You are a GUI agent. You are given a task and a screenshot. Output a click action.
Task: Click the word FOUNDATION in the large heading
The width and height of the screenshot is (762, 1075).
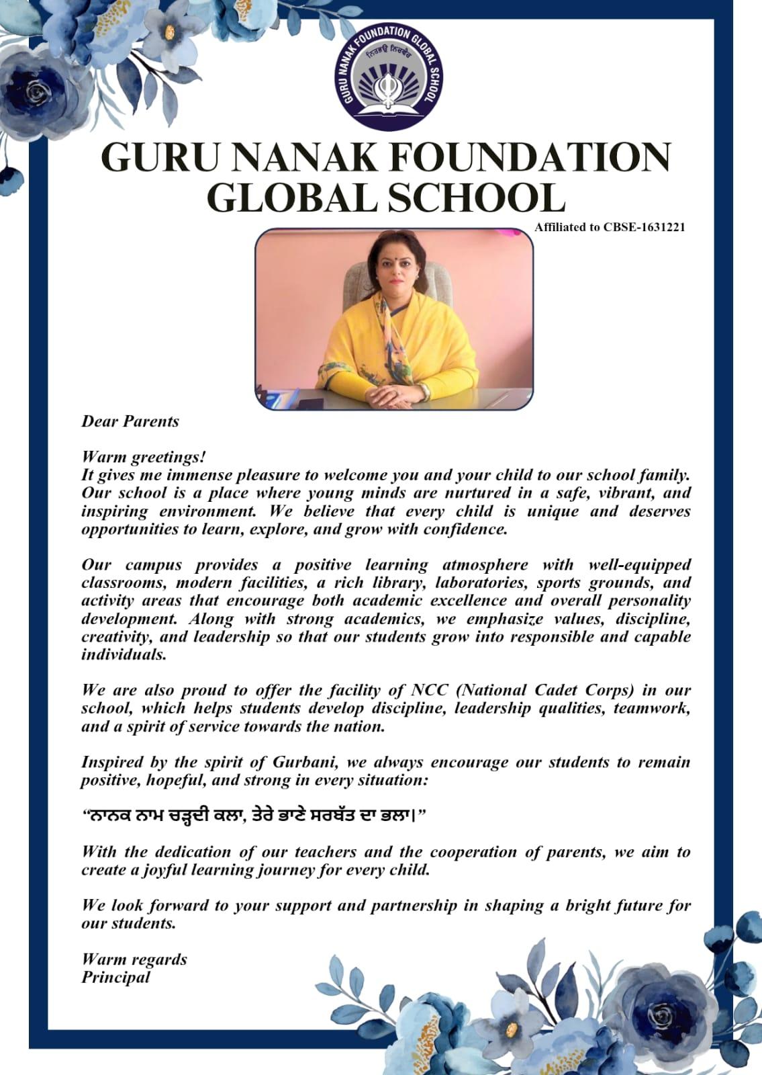tap(530, 158)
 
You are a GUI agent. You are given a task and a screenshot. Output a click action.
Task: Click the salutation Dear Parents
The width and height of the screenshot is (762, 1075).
tap(130, 421)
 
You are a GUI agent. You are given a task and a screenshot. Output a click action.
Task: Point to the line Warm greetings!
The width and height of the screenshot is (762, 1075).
tap(144, 457)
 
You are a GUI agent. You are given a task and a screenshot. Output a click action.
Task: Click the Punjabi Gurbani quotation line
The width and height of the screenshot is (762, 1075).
tap(254, 816)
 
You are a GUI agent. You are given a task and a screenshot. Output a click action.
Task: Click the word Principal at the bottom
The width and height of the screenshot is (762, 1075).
tap(116, 977)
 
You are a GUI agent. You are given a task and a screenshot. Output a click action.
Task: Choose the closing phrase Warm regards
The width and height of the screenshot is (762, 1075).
tap(134, 959)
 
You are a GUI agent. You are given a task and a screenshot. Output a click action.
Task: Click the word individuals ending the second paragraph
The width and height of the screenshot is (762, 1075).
tap(124, 654)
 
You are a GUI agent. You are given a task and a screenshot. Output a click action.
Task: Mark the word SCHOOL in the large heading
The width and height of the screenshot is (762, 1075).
tap(469, 198)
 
